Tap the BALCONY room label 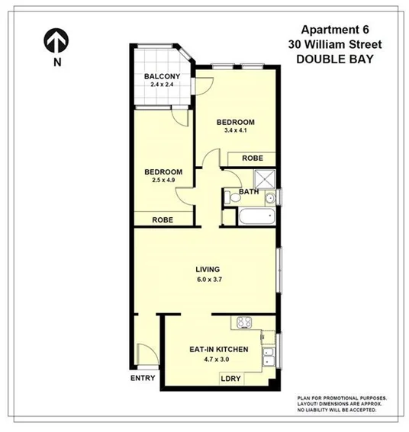point(162,76)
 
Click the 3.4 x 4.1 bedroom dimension point(234,131)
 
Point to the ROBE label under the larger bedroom point(253,158)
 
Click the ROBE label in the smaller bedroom point(162,219)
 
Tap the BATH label point(249,192)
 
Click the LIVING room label point(208,269)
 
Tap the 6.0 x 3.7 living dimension point(208,280)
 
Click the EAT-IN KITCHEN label point(219,350)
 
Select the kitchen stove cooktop point(246,323)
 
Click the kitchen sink point(268,354)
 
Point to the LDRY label point(230,378)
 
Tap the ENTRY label point(143,378)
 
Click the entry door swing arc point(145,352)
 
